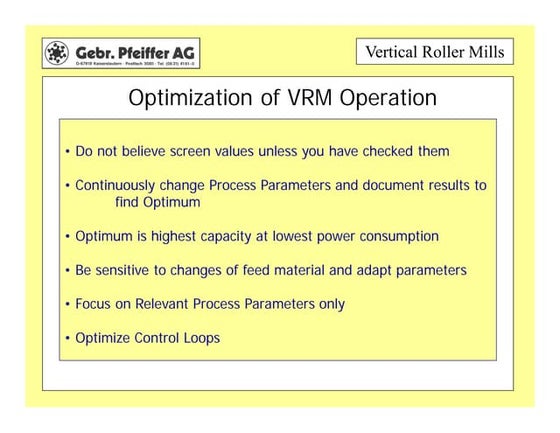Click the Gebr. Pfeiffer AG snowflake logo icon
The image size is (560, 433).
click(x=58, y=51)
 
